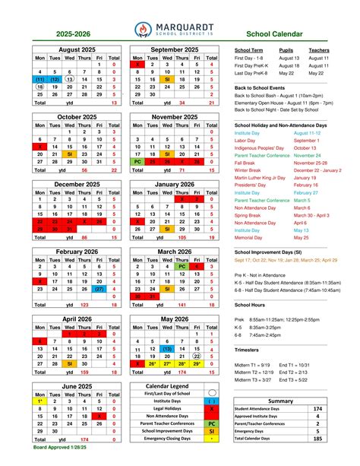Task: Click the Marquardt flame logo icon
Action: [141, 29]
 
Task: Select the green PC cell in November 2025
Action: [137, 161]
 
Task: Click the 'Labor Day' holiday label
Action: [246, 141]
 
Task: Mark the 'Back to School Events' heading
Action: [264, 88]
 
